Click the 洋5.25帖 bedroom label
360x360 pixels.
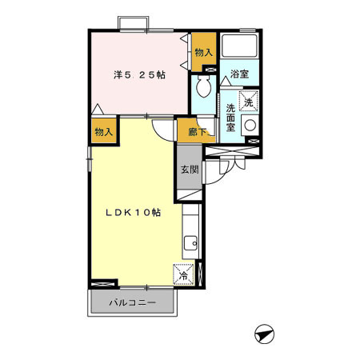[139, 75]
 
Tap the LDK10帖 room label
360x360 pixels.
[134, 213]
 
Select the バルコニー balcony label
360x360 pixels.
[133, 302]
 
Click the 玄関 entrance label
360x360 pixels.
[190, 170]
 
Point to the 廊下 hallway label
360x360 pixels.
[198, 132]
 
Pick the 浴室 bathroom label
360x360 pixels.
[239, 74]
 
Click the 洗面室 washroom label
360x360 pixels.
[230, 118]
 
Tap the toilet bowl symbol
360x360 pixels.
[204, 86]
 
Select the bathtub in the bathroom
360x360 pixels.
[239, 45]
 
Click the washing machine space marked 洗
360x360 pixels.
[249, 101]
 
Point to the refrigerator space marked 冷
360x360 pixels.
[183, 274]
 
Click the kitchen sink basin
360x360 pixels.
[190, 243]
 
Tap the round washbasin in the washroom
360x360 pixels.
[250, 126]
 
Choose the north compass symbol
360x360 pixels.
[264, 334]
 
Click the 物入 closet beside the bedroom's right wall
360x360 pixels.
[204, 53]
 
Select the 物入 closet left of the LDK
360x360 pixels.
[104, 131]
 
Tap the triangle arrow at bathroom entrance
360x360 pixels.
[226, 81]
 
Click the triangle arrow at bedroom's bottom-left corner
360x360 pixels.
[98, 109]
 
